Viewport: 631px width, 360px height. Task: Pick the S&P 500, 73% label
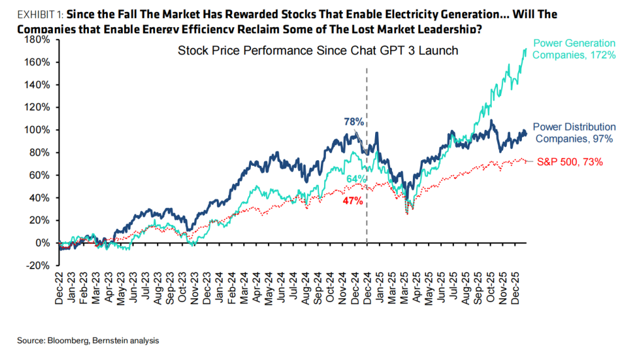pyautogui.click(x=570, y=161)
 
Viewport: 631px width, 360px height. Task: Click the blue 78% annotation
pyautogui.click(x=353, y=121)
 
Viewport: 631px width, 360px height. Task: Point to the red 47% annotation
pyautogui.click(x=353, y=201)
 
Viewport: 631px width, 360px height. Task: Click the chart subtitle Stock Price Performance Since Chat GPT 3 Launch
pyautogui.click(x=318, y=50)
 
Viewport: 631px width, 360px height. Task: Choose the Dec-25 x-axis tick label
pyautogui.click(x=521, y=290)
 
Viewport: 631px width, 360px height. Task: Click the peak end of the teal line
pyautogui.click(x=526, y=49)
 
